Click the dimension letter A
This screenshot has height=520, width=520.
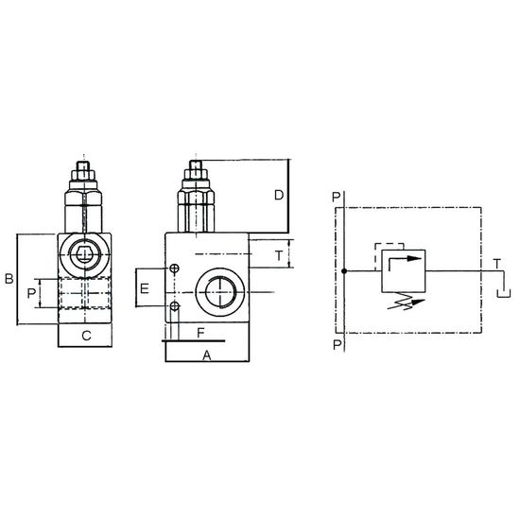point(207,355)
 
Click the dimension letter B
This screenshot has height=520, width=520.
point(9,279)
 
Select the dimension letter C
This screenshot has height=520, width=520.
point(86,336)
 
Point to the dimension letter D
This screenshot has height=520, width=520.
point(279,196)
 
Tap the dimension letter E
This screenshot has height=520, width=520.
point(145,289)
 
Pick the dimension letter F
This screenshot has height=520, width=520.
point(200,333)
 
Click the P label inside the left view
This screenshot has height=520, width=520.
point(31,293)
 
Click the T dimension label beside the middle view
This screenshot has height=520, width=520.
point(279,256)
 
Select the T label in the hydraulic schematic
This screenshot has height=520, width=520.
point(496,265)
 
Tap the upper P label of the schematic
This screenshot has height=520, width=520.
point(336,198)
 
